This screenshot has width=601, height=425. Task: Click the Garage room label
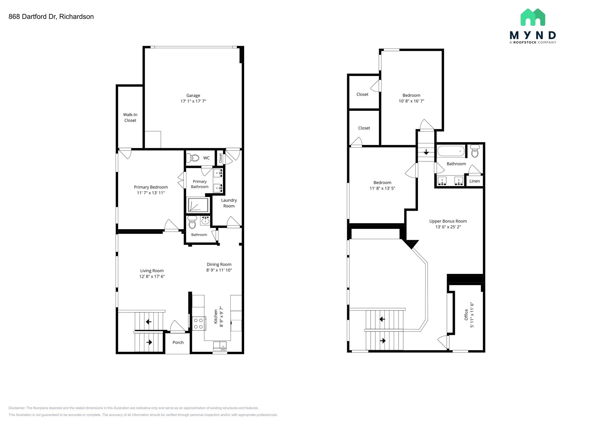pos(193,95)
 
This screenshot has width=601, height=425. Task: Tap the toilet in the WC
pos(193,158)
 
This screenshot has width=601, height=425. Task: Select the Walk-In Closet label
pos(130,117)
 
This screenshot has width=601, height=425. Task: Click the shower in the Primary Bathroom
pos(198,205)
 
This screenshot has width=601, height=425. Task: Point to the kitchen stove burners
pos(198,323)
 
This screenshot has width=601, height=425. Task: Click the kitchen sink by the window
pos(220,346)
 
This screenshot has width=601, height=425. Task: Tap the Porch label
pos(178,343)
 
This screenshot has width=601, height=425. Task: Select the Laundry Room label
pos(229,203)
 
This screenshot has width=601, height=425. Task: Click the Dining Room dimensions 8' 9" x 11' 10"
pos(219,270)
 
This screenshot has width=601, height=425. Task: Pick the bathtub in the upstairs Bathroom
pos(451,151)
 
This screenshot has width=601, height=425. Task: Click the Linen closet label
pos(475,181)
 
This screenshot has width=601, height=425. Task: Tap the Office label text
pos(466,314)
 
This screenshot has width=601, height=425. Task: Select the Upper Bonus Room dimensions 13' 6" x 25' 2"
pos(448,227)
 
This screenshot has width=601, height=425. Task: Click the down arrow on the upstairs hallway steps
pos(426,152)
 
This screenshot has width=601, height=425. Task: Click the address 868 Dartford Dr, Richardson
pos(51,17)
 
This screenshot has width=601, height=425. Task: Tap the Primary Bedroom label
pos(151,187)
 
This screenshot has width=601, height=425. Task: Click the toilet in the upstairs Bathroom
pos(475,151)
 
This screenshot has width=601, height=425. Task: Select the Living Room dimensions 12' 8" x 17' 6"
pos(152,276)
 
